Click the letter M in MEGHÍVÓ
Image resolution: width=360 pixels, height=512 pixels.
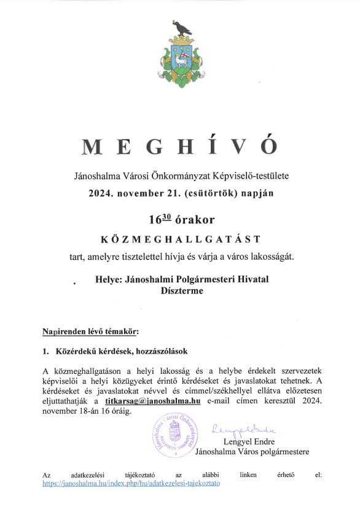[x=92, y=147]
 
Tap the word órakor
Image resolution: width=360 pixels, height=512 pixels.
[x=192, y=219]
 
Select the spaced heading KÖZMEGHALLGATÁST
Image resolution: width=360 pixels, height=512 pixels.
[x=180, y=239]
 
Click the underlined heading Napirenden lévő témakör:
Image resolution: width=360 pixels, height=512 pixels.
[x=91, y=333]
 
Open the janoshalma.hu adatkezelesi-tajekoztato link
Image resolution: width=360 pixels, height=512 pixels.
[x=131, y=483]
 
